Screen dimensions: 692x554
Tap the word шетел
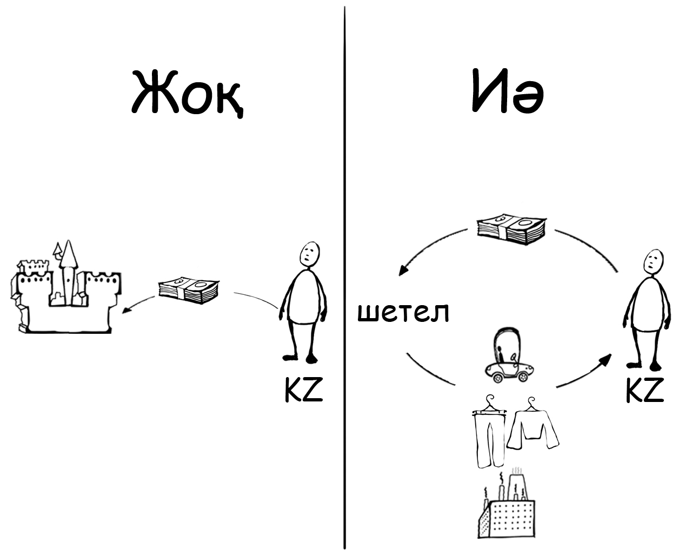[x=403, y=312]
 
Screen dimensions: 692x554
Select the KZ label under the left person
[x=303, y=390]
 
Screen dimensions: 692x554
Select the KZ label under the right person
[x=644, y=390]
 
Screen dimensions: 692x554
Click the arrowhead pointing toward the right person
[x=608, y=358]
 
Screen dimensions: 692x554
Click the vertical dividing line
[x=344, y=271]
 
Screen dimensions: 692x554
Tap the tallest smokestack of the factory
[x=514, y=484]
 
